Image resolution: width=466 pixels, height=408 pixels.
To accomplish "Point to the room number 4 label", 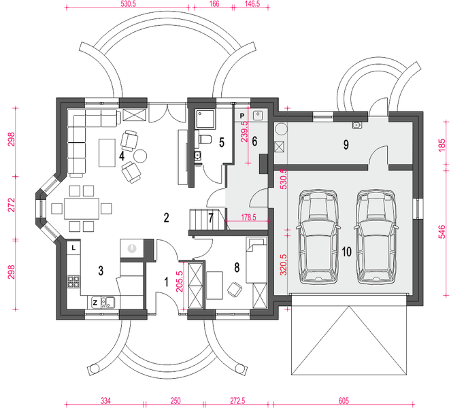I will (121, 156).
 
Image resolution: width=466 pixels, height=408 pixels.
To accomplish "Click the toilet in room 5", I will (206, 139).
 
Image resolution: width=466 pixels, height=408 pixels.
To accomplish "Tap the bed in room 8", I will (256, 260).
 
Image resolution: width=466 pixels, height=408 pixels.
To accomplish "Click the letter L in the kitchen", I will (73, 248).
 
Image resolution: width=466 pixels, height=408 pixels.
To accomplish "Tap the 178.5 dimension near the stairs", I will (249, 218).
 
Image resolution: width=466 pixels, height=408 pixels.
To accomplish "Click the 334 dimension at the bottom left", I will (105, 401).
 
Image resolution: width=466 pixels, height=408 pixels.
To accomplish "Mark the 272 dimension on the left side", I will (12, 206).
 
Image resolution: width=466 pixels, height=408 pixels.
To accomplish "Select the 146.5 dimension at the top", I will (252, 3).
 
